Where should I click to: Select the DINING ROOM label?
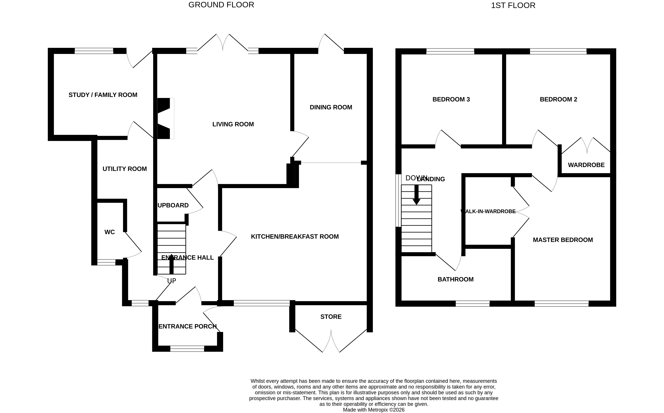[331, 107]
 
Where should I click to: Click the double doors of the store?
[331, 341]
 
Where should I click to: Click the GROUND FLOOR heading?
[221, 5]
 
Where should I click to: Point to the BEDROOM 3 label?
[451, 99]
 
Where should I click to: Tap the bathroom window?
[472, 304]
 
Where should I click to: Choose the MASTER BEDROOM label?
[563, 240]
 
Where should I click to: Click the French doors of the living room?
[223, 44]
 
